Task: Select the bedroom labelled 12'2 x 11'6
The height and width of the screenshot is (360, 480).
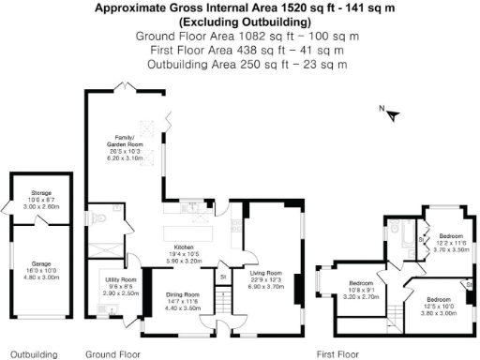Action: [x=449, y=242]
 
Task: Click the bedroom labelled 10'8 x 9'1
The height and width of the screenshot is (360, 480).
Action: [x=362, y=286]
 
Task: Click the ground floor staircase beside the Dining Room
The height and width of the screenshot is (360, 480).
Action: [x=223, y=302]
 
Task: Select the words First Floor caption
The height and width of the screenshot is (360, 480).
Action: [x=338, y=354]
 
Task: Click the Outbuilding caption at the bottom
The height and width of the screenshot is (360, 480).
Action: [x=34, y=354]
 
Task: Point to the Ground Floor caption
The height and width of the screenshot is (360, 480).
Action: [x=112, y=354]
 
